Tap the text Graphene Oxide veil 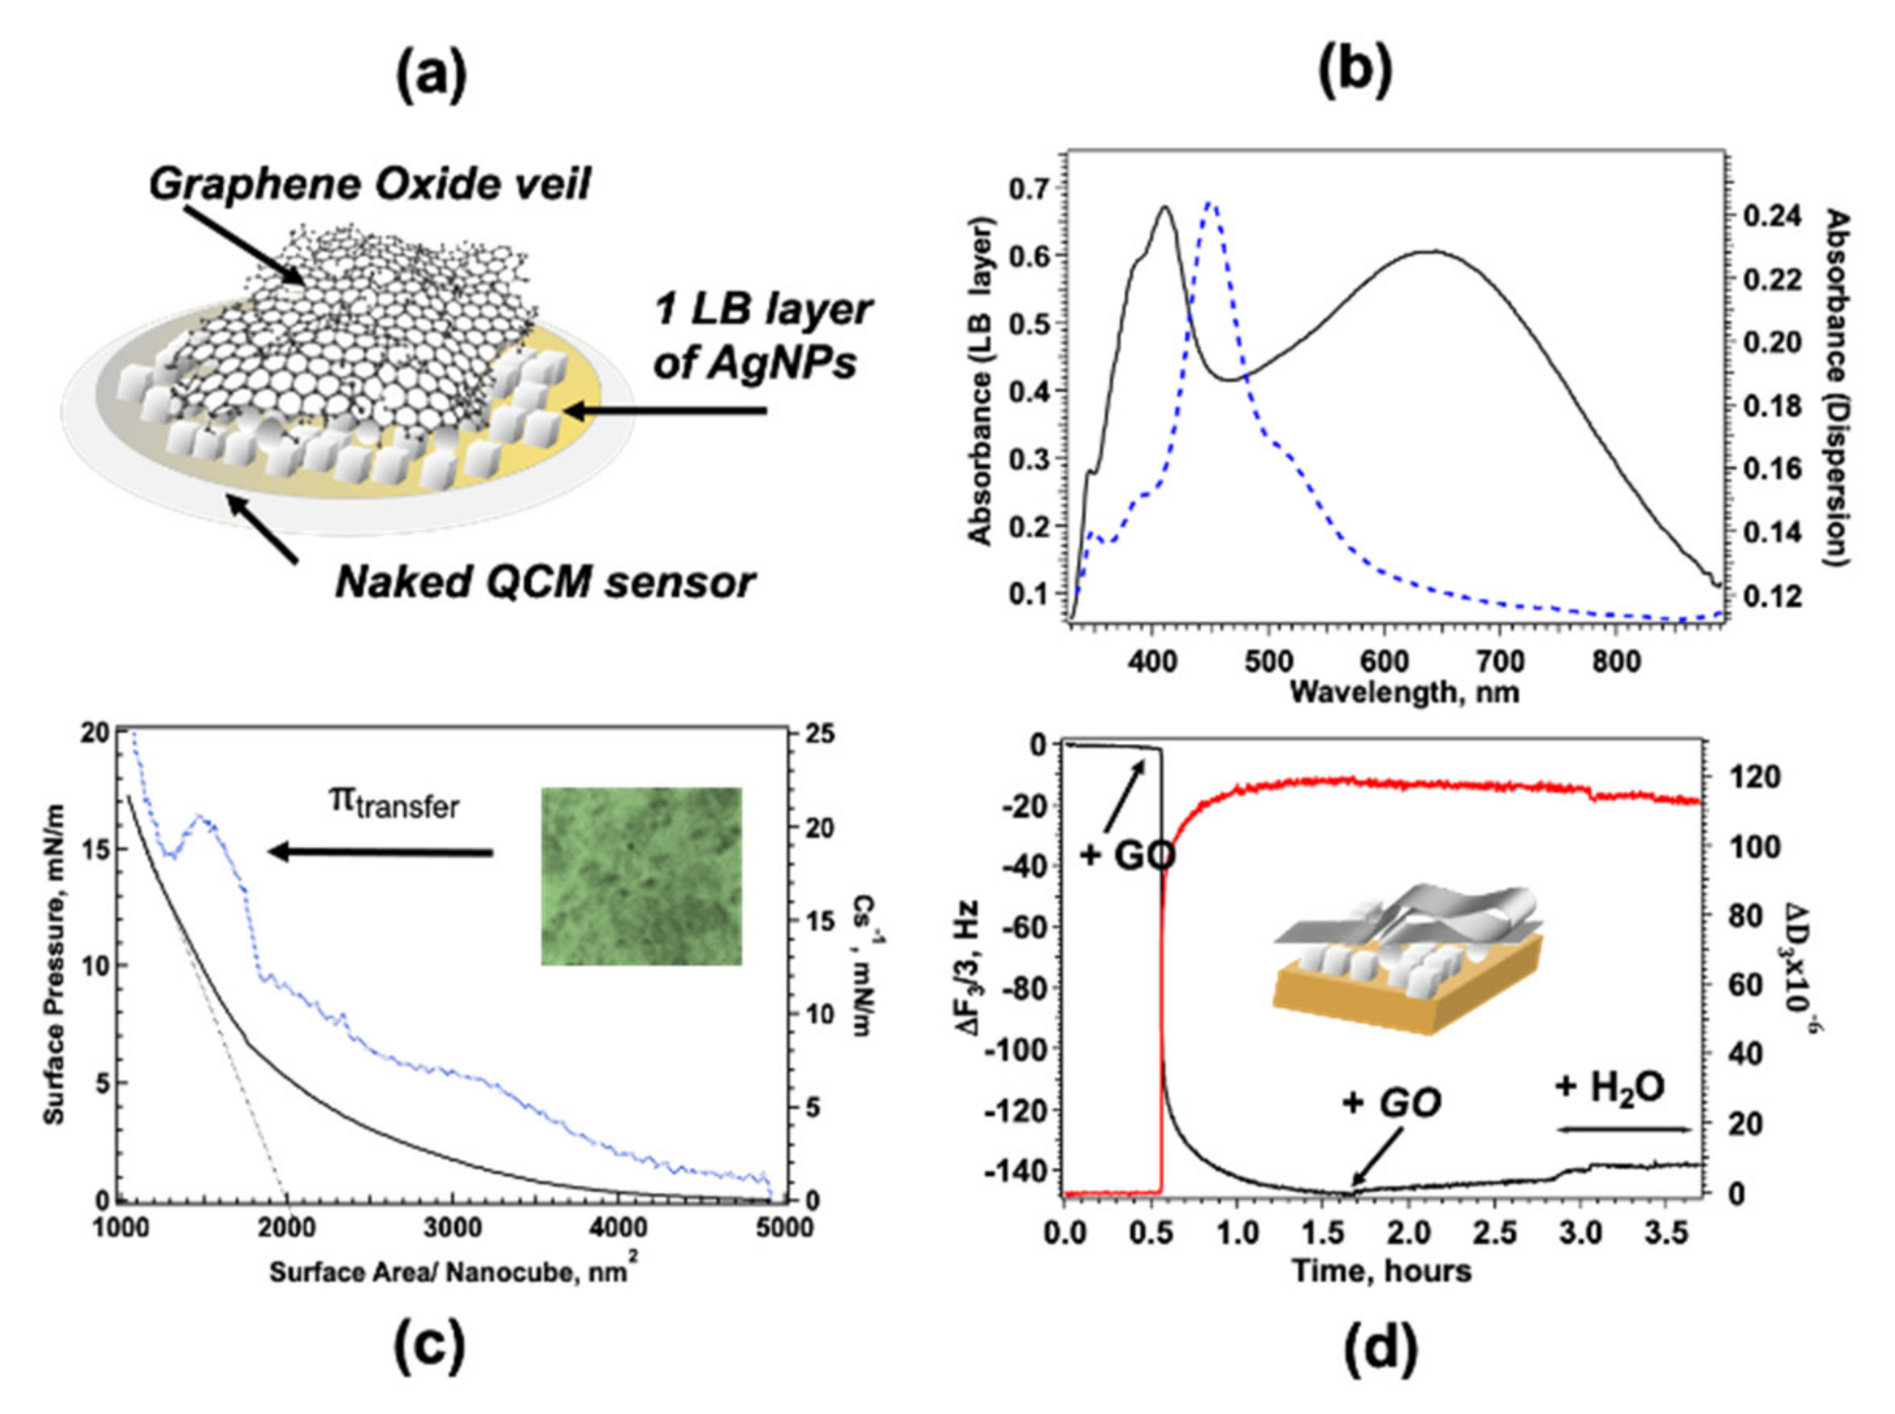[x=370, y=183]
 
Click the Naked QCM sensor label [x=544, y=582]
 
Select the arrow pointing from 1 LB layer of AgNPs [x=667, y=412]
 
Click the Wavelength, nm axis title [x=1404, y=691]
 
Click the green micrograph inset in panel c [x=641, y=876]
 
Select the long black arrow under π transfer [x=381, y=851]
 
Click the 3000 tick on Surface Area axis [x=454, y=1228]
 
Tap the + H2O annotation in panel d [x=1609, y=1087]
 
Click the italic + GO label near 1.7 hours [x=1391, y=1103]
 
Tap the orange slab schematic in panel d [x=1404, y=993]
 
